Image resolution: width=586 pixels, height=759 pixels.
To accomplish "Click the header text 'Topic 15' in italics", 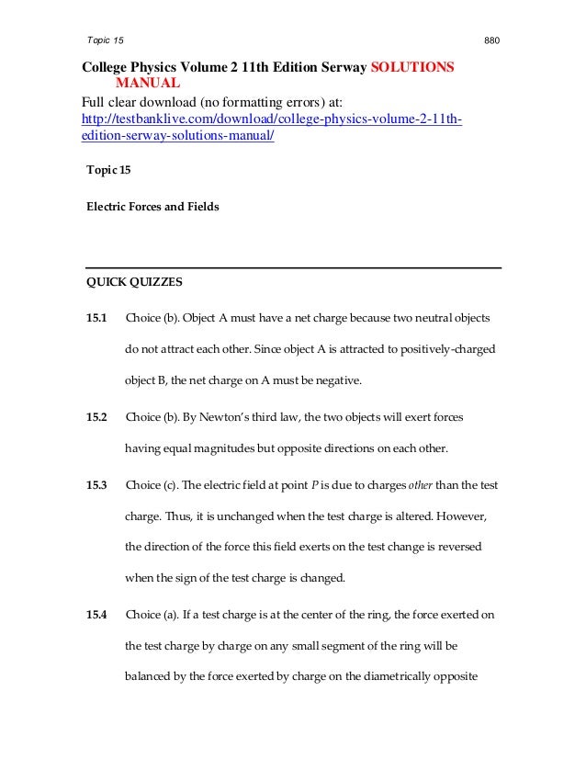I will click(x=103, y=41).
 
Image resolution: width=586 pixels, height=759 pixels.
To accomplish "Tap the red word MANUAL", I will click(x=148, y=85).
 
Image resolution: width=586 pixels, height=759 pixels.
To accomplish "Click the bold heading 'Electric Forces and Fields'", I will click(x=152, y=207).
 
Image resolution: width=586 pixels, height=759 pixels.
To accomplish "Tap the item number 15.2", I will click(x=96, y=417).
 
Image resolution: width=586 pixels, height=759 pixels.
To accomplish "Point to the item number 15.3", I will click(x=96, y=484).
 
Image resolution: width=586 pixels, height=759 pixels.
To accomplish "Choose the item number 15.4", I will click(x=96, y=613).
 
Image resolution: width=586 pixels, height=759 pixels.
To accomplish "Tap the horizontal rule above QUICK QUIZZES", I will click(x=293, y=267).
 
